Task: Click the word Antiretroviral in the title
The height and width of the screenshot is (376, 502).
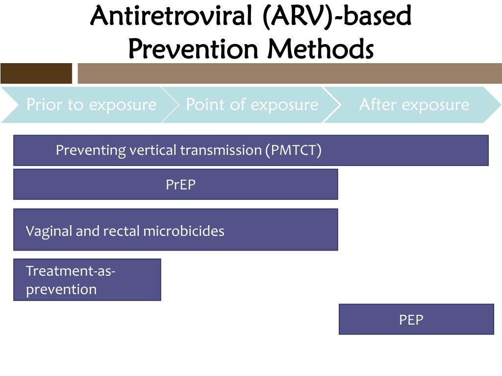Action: [172, 16]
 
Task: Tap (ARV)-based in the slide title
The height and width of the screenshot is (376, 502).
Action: [337, 16]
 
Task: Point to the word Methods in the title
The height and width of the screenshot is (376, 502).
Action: [321, 48]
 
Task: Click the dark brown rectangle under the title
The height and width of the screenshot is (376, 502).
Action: [36, 73]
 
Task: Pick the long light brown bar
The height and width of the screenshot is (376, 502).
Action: [290, 73]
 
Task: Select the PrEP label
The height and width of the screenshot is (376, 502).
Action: [180, 185]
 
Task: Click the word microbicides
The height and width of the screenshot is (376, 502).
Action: [184, 231]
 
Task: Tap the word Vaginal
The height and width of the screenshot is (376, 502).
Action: [49, 232]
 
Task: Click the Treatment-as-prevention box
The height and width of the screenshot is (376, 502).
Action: [87, 280]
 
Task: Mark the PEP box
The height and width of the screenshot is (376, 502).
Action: [416, 319]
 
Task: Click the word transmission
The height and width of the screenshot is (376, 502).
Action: [221, 150]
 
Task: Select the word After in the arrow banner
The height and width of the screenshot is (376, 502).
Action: [378, 104]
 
